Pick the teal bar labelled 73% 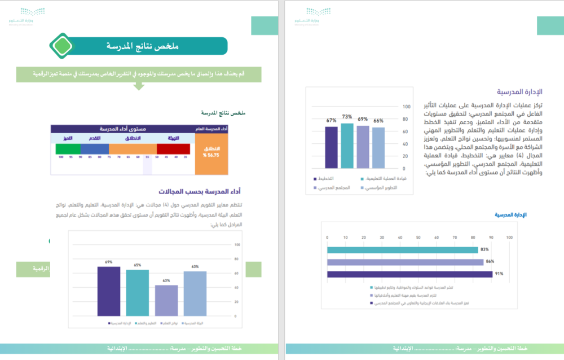point(347,146)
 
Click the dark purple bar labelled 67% point(331,147)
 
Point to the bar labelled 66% point(378,148)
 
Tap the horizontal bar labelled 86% point(405,262)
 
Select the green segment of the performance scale point(68,148)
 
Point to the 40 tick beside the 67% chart point(404,144)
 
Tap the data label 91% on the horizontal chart point(499,274)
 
